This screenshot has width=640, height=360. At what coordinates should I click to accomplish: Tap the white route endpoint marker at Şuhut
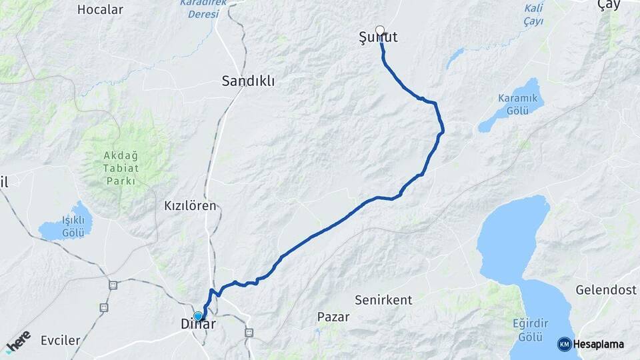click(380, 30)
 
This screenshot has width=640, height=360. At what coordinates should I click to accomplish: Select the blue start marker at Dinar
click(198, 316)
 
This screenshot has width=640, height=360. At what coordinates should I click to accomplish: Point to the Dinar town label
click(198, 325)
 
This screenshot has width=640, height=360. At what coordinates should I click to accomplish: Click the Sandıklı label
click(248, 81)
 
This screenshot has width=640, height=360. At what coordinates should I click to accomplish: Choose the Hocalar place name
click(101, 9)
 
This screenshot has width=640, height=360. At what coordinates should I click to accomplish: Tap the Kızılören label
click(190, 206)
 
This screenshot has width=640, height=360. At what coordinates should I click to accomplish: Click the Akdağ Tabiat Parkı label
click(119, 169)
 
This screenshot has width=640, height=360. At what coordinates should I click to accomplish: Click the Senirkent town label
click(383, 299)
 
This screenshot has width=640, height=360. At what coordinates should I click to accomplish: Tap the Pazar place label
click(333, 317)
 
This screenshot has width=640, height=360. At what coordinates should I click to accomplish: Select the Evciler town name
click(60, 341)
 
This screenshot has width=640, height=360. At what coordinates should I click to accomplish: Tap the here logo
click(19, 341)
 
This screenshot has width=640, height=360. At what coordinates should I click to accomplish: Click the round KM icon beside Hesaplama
click(564, 344)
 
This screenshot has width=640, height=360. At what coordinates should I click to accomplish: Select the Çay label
click(609, 5)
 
